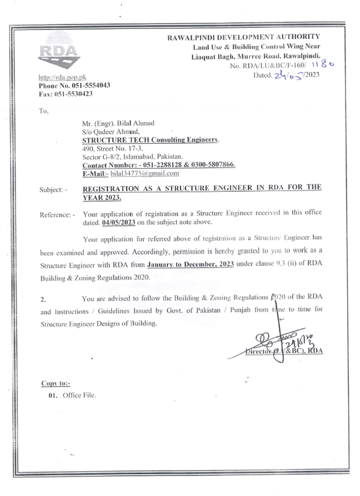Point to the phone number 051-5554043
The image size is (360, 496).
86,85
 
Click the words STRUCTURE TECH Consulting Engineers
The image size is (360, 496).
151,140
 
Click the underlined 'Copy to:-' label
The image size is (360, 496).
56,384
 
